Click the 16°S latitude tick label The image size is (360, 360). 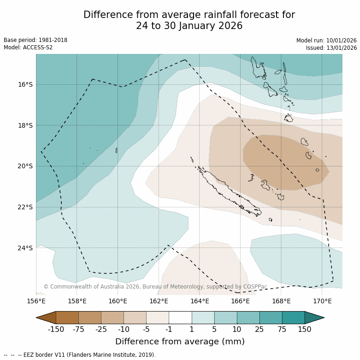click(25, 84)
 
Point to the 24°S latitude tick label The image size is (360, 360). click(25, 248)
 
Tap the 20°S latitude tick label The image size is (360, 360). click(25, 166)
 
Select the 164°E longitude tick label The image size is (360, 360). click(200, 301)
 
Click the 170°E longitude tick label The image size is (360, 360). click(322, 301)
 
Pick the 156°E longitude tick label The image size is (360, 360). click(36, 301)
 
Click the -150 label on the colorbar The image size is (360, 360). click(56, 329)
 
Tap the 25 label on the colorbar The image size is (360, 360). click(260, 329)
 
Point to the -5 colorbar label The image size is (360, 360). click(146, 329)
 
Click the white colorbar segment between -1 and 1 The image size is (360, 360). click(180, 318)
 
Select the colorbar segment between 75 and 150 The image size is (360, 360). click(293, 318)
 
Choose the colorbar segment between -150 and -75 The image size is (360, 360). click(67, 318)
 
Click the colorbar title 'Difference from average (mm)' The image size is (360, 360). click(180, 342)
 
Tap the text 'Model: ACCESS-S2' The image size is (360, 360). click(28, 47)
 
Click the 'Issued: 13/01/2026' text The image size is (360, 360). click(331, 48)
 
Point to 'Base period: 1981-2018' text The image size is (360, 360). click(35, 40)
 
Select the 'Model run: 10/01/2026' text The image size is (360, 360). click(326, 41)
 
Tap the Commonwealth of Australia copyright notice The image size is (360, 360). click(155, 287)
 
